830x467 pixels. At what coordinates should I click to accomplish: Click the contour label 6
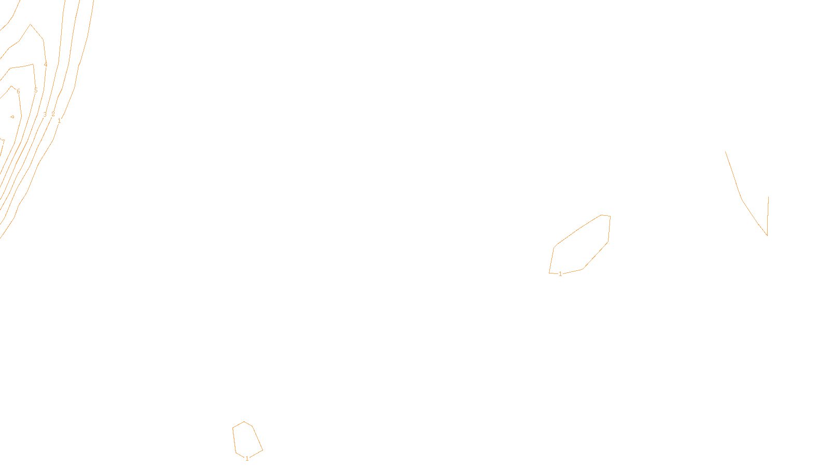18,91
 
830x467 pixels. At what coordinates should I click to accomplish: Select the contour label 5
36,90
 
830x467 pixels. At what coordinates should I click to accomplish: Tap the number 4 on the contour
46,64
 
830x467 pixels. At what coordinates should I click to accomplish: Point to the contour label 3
45,115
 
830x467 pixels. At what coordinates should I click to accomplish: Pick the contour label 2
53,114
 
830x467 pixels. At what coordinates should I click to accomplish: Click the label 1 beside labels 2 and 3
59,121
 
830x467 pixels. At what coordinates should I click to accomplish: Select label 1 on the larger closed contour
560,274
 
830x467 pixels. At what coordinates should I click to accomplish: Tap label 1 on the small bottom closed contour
247,459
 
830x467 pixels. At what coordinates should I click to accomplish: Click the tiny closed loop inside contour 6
12,117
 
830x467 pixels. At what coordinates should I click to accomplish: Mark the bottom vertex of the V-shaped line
767,235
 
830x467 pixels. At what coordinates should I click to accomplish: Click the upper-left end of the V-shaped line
725,152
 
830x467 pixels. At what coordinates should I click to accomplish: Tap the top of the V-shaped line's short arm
768,197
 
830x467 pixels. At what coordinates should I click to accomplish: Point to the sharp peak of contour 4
31,24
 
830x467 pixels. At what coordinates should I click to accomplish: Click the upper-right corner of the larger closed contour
610,216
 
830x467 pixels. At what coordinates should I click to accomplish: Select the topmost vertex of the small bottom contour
244,422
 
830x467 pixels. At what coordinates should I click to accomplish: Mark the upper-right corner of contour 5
33,64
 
